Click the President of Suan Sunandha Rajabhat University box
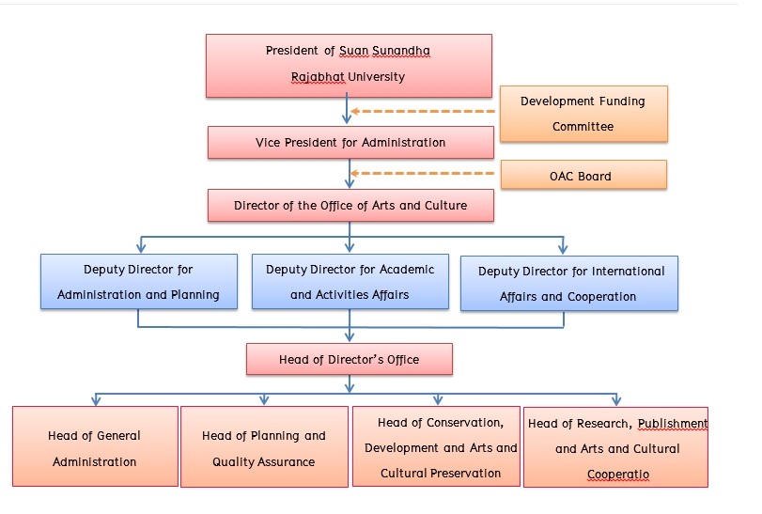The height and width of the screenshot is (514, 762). click(349, 65)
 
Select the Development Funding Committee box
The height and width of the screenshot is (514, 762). click(583, 114)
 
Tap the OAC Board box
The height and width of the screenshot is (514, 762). click(583, 176)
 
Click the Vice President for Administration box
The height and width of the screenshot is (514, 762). click(350, 143)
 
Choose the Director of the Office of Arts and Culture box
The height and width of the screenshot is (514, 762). click(350, 205)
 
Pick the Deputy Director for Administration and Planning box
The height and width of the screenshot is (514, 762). click(138, 282)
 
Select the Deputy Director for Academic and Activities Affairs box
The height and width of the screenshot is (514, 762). click(350, 282)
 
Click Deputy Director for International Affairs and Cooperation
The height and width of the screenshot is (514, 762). click(569, 284)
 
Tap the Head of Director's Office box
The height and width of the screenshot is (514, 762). click(349, 359)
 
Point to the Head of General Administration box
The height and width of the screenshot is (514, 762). click(95, 448)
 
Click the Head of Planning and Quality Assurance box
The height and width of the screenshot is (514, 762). click(264, 448)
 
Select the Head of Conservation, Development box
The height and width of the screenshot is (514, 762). click(436, 447)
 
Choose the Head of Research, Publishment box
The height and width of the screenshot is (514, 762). click(616, 448)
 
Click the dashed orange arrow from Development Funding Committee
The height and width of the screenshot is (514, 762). click(423, 112)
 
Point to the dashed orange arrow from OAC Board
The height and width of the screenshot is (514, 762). click(423, 173)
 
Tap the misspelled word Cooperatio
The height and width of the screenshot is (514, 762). click(618, 475)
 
